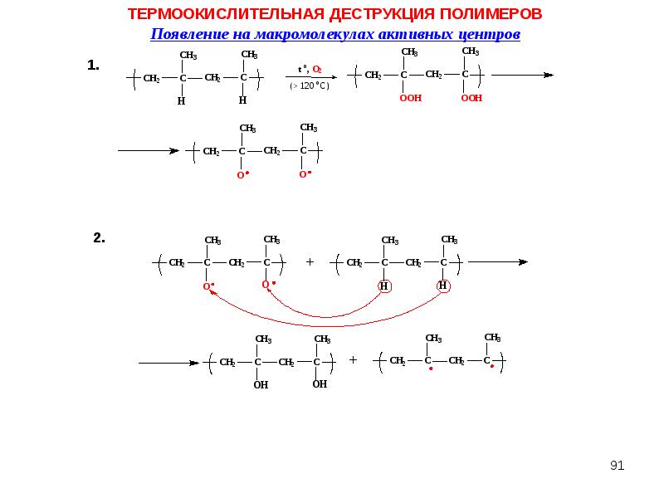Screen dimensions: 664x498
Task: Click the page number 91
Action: (x=617, y=466)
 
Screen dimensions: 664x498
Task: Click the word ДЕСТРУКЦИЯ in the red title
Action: (x=382, y=14)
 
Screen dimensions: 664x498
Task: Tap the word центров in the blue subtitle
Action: (x=489, y=34)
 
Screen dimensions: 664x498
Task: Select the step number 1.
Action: (x=93, y=66)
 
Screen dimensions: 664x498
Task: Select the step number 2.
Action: (x=99, y=238)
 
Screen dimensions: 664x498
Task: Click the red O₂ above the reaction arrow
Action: (x=317, y=70)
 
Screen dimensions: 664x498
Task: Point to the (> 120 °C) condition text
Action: (x=310, y=85)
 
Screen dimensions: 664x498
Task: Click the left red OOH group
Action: (x=410, y=98)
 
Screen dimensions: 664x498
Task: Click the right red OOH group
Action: (x=471, y=98)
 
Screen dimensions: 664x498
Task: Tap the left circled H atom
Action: (x=384, y=286)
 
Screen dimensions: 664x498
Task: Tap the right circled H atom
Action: (x=443, y=286)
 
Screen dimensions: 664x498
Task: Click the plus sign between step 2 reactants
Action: (x=310, y=262)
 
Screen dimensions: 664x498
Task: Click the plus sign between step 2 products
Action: (x=353, y=360)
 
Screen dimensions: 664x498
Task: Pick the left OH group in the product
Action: (x=261, y=385)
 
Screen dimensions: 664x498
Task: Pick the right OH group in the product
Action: (x=320, y=384)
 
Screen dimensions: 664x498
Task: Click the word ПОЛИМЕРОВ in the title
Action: (x=491, y=14)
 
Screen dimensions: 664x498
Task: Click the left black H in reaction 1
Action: (x=181, y=101)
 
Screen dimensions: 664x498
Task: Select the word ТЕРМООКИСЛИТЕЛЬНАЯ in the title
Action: (x=226, y=14)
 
